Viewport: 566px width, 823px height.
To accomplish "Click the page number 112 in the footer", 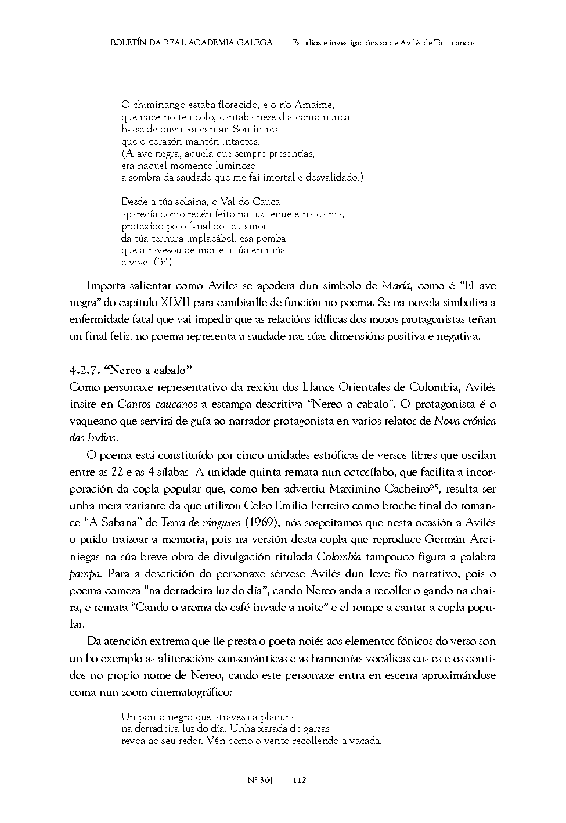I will [300, 780].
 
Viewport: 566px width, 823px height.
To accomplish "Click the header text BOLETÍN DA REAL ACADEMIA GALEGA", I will [191, 43].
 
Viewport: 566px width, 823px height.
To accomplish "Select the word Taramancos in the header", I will [455, 43].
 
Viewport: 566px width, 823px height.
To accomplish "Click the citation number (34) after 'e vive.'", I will [163, 262].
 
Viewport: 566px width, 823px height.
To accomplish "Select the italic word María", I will [396, 286].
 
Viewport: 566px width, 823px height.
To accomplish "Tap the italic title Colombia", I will [339, 557].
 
